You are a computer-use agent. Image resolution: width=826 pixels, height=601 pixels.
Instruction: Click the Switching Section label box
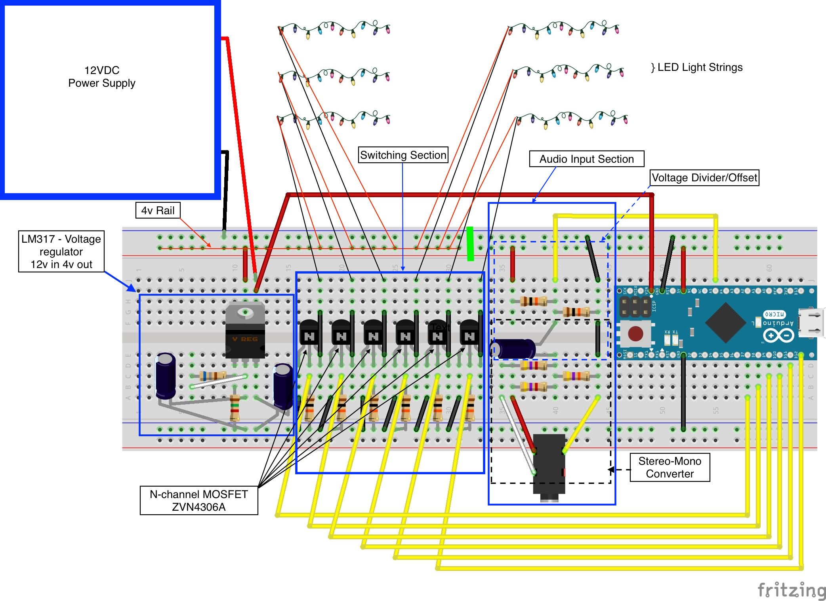click(x=403, y=155)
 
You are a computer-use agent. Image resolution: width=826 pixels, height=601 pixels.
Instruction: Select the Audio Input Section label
click(x=586, y=159)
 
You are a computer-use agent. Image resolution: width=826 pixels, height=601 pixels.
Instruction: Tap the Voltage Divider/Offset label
click(x=704, y=177)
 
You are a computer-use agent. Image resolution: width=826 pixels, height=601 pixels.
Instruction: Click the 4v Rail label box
click(x=158, y=210)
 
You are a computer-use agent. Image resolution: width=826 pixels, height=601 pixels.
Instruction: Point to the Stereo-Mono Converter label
click(x=670, y=467)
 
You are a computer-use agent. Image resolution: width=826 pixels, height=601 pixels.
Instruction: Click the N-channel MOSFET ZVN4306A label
click(x=199, y=500)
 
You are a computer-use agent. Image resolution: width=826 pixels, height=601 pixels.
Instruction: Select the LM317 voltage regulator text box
click(x=61, y=251)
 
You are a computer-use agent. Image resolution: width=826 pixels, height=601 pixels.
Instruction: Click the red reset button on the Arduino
click(x=635, y=334)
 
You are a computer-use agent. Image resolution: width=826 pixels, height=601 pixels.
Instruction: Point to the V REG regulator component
click(x=245, y=333)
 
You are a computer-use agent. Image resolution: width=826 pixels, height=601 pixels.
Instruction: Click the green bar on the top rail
click(x=470, y=243)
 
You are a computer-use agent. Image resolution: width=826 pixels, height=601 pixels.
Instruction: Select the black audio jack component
click(x=549, y=465)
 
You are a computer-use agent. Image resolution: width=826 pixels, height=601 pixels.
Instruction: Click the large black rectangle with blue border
click(x=110, y=99)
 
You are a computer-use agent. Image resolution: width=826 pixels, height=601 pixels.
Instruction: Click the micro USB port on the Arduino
click(x=810, y=323)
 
